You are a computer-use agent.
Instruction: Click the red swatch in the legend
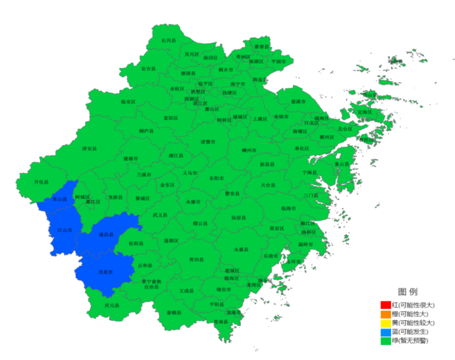386,305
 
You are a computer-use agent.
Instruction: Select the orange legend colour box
386,314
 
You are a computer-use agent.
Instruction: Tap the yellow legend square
386,323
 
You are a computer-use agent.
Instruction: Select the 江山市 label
64,231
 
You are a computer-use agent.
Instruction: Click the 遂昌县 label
106,234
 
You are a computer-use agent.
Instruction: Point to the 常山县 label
59,199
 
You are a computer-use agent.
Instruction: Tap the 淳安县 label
89,148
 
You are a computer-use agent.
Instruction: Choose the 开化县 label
41,182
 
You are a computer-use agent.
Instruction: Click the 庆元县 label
111,305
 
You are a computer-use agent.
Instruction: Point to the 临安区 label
128,101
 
